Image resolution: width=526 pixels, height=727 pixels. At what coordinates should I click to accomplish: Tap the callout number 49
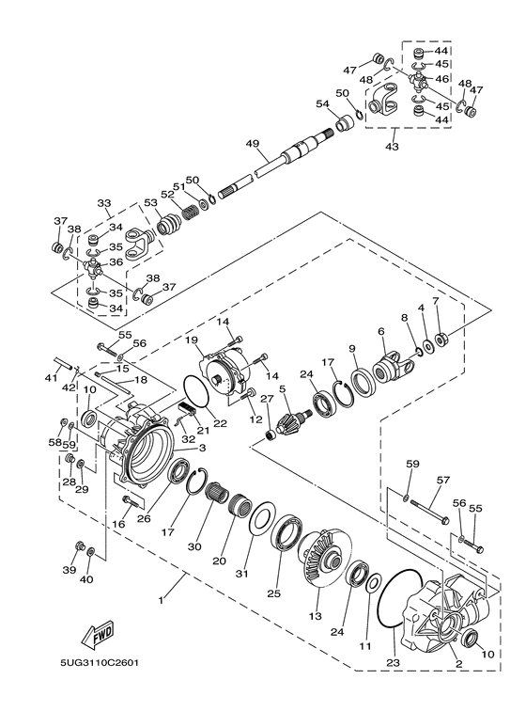point(252,143)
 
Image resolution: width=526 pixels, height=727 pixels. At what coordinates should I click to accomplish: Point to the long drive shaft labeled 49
point(282,161)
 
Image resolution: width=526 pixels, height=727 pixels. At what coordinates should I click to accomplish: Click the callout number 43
point(392,147)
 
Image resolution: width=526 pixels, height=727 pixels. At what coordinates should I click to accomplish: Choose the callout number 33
point(103,203)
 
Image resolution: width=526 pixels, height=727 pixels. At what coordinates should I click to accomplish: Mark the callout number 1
point(161,600)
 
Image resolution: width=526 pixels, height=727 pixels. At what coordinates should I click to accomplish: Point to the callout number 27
point(266,399)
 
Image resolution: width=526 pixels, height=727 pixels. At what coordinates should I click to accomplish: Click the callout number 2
point(459,662)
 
